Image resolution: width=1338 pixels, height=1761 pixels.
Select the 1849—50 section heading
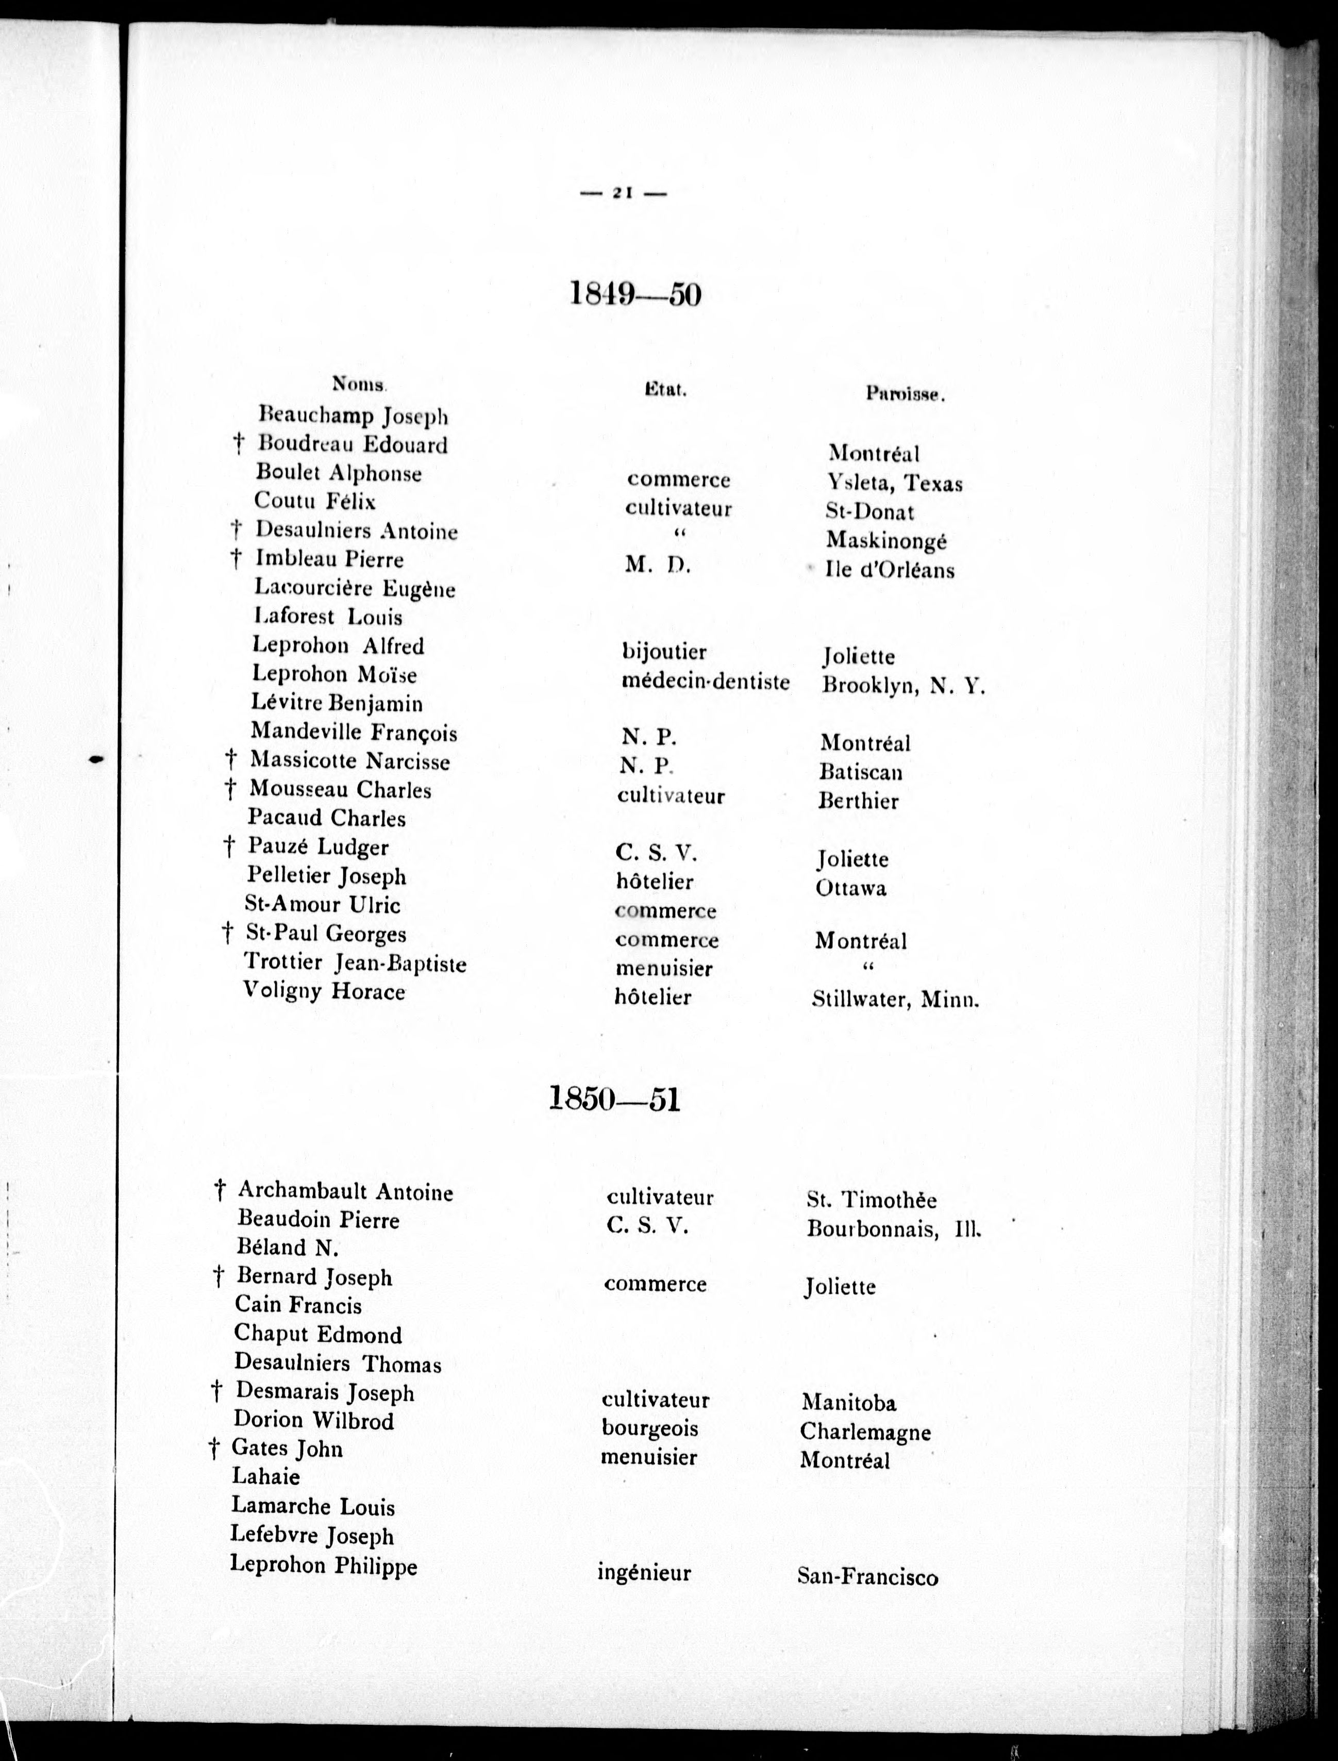635,295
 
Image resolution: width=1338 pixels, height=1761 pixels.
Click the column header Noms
358,384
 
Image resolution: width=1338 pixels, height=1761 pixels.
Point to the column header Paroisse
905,393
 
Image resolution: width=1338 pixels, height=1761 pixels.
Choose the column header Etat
666,390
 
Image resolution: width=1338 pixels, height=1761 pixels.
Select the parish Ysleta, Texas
894,484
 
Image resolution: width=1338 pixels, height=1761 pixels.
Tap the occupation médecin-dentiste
706,682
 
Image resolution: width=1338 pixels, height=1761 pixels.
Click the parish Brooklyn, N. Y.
903,685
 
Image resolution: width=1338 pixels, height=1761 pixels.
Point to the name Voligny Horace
324,992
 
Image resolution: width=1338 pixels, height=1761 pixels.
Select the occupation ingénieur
644,1573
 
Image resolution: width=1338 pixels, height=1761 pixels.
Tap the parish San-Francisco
867,1577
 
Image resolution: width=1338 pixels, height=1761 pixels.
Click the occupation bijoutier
664,652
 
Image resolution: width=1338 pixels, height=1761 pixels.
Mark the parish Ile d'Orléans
890,570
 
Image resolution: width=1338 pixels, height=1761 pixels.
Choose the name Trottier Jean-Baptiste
355,963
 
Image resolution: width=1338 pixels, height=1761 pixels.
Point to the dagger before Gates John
213,1449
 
